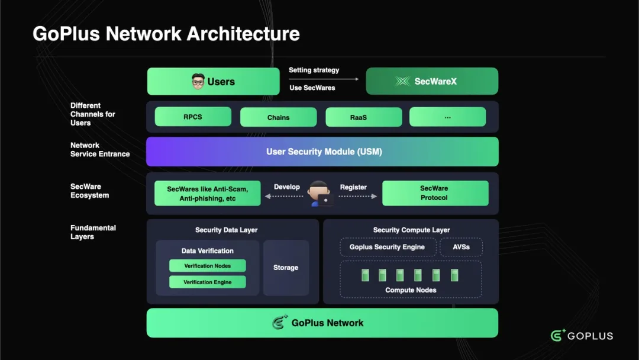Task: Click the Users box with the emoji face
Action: point(213,82)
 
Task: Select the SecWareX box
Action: point(432,82)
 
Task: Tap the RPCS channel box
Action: point(193,117)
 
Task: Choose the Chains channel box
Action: point(278,117)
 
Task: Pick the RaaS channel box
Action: point(358,117)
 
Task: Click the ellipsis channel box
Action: point(447,117)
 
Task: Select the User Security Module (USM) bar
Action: point(322,152)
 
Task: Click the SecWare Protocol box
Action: point(435,193)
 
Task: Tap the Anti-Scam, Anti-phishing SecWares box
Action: point(207,193)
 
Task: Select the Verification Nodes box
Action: point(207,266)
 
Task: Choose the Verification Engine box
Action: point(207,282)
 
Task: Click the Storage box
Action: point(286,268)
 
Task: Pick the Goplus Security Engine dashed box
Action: point(388,247)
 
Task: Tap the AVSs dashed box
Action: point(461,247)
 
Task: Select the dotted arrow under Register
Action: point(357,196)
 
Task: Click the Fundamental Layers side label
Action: point(93,232)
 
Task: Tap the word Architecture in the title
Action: point(243,34)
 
